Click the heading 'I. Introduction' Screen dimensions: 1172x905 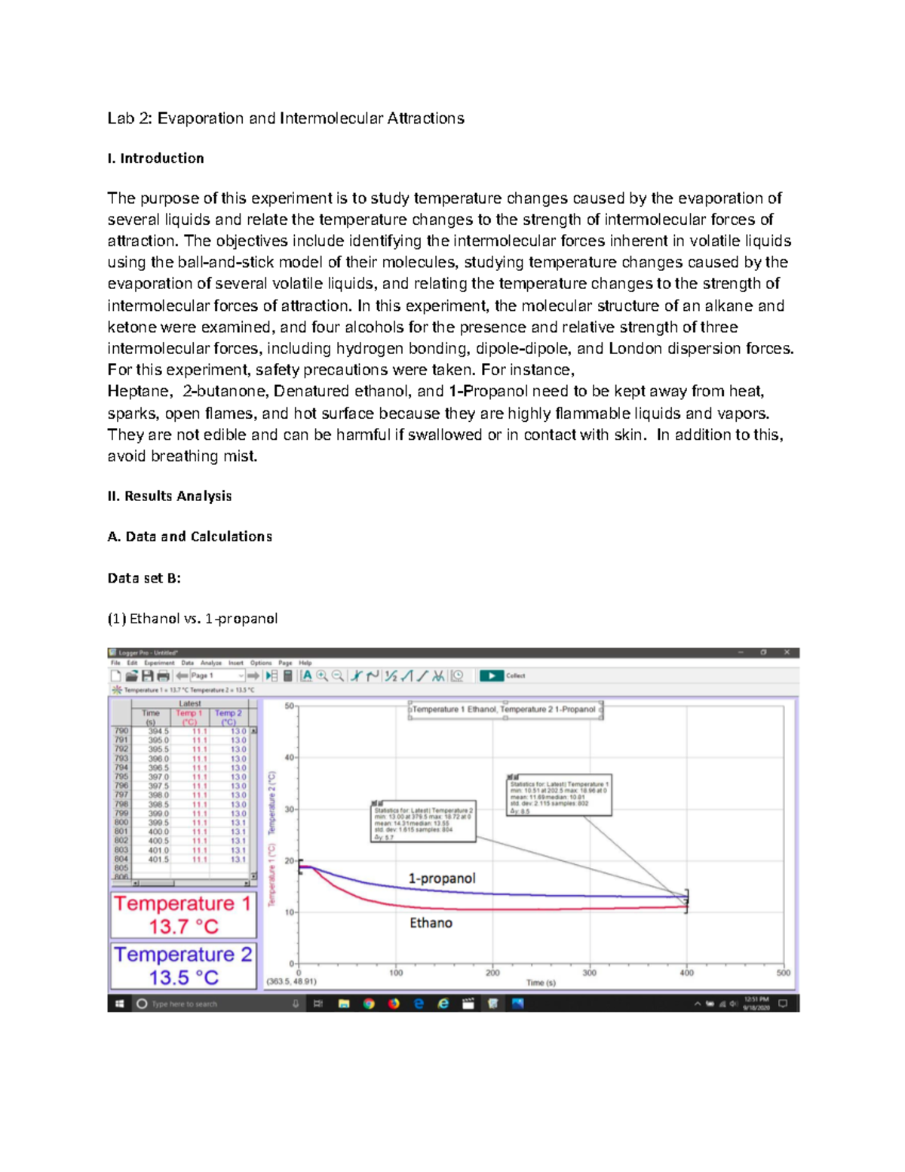point(155,158)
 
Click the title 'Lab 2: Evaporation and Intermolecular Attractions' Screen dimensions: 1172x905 point(285,118)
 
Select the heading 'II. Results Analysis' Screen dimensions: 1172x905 point(169,497)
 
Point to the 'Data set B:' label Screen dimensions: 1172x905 point(144,578)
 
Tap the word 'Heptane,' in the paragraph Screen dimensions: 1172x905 point(140,392)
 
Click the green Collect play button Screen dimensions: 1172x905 point(492,675)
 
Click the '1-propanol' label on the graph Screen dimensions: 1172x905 point(442,878)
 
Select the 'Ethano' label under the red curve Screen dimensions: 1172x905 point(431,923)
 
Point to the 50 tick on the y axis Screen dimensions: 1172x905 point(289,706)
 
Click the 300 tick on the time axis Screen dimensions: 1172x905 point(589,973)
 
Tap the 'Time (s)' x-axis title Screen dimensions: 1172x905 point(541,983)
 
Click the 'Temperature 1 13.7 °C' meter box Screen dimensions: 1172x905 point(183,915)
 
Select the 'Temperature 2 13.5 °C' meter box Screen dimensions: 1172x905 point(183,966)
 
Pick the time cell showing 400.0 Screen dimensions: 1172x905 point(158,832)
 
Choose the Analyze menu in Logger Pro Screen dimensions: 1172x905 point(211,663)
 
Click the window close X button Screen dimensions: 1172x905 point(787,652)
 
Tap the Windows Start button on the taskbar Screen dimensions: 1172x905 point(119,1004)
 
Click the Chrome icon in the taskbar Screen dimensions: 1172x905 point(369,1004)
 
